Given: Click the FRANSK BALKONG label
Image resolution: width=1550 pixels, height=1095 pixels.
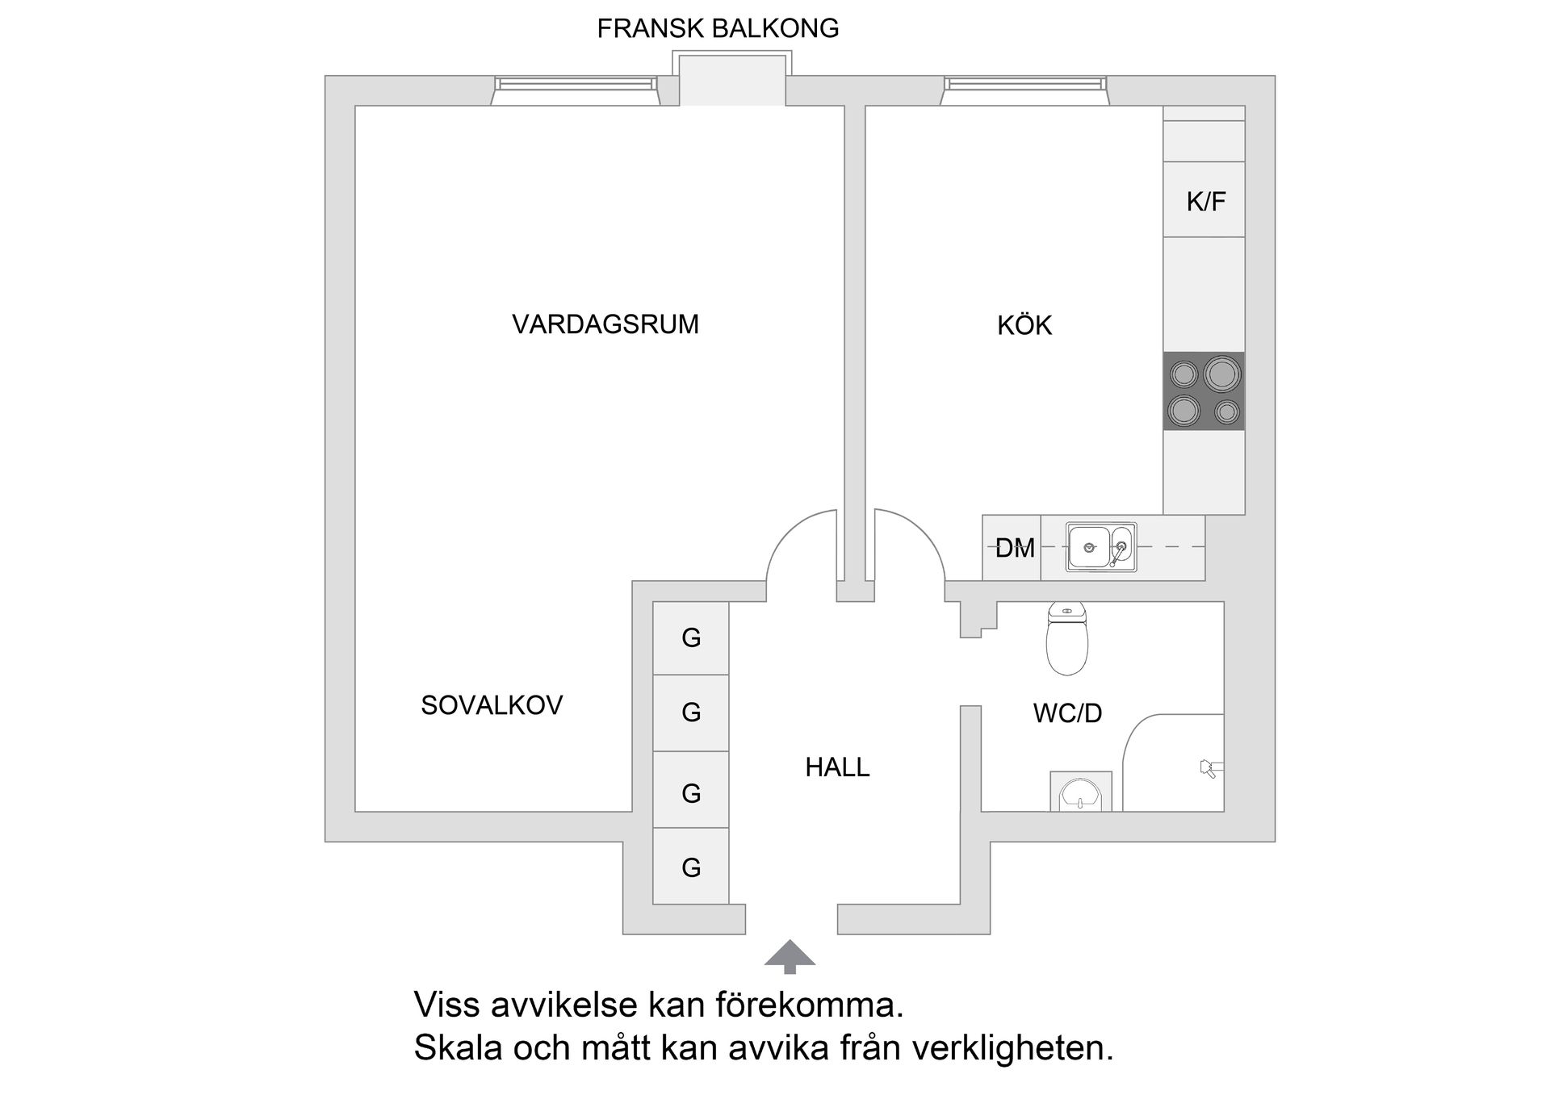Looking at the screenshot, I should [718, 29].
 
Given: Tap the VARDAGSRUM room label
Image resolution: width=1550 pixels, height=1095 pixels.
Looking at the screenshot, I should [605, 324].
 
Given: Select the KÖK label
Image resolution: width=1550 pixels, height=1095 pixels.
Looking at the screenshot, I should [1024, 325].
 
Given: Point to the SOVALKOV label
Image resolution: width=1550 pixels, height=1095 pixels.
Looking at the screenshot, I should [492, 705].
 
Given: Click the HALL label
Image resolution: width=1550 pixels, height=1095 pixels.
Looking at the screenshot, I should [837, 767].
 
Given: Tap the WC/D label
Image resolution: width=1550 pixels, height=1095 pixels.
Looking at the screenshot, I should [1067, 713].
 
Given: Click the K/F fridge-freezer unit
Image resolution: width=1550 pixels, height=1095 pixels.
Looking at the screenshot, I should [1204, 200].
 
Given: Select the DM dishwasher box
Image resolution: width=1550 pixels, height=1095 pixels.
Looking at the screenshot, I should [1012, 549].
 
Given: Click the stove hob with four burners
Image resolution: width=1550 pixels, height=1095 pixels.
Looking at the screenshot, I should [1204, 391].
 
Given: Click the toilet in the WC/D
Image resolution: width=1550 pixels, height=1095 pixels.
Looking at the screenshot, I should [1066, 640].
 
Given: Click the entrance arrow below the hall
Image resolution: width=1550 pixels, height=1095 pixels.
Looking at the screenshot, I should [790, 954].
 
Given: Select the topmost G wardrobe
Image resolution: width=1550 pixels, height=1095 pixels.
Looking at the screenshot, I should [691, 638].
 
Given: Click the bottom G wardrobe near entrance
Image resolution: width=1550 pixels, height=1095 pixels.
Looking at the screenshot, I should [691, 867].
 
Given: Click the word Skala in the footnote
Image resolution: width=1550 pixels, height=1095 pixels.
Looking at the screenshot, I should [458, 1048].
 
